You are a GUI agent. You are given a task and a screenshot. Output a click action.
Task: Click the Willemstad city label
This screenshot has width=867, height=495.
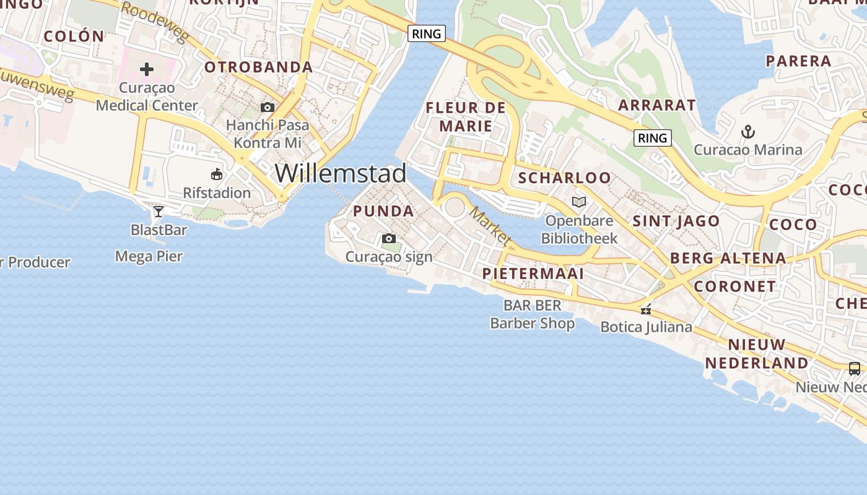click(x=341, y=173)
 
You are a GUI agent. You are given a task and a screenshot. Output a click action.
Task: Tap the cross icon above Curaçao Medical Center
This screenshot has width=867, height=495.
click(x=147, y=69)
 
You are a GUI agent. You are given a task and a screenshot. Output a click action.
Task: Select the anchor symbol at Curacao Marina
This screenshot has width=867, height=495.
click(x=748, y=132)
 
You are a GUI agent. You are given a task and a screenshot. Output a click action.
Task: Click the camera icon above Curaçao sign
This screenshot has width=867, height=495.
click(x=389, y=239)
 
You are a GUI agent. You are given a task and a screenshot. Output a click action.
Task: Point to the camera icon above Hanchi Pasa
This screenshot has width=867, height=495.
click(x=268, y=108)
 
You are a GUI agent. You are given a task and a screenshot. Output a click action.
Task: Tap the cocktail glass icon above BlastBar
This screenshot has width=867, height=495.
click(x=159, y=212)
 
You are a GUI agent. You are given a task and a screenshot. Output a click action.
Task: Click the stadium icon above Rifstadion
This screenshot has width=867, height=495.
click(x=217, y=174)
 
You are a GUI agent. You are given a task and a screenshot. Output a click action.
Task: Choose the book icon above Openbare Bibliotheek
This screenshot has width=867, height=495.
click(x=579, y=202)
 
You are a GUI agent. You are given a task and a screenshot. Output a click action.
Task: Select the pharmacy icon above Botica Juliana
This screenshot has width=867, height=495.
click(x=646, y=310)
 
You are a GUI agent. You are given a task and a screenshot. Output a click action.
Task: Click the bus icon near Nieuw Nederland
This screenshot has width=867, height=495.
click(x=855, y=369)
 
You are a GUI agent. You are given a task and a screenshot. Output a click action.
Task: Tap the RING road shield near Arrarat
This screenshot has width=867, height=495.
click(x=653, y=138)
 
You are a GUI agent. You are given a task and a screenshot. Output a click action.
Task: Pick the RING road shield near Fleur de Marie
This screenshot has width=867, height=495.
click(x=427, y=33)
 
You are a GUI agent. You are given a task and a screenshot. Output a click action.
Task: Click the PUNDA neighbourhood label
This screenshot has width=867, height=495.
click(x=383, y=211)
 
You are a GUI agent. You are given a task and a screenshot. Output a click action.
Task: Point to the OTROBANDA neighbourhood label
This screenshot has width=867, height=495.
click(x=258, y=67)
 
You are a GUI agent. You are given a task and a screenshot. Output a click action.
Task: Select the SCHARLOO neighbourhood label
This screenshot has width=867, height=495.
click(x=564, y=178)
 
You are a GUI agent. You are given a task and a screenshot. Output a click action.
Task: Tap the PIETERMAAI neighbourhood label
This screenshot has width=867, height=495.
click(x=533, y=273)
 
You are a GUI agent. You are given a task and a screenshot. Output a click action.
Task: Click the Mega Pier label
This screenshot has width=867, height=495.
click(x=149, y=256)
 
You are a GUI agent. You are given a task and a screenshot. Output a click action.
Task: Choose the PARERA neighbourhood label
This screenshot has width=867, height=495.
click(x=798, y=61)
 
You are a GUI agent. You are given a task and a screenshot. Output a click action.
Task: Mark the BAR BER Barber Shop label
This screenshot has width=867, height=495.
click(x=533, y=314)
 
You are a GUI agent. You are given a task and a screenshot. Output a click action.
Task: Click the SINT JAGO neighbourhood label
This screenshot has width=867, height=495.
click(x=676, y=221)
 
